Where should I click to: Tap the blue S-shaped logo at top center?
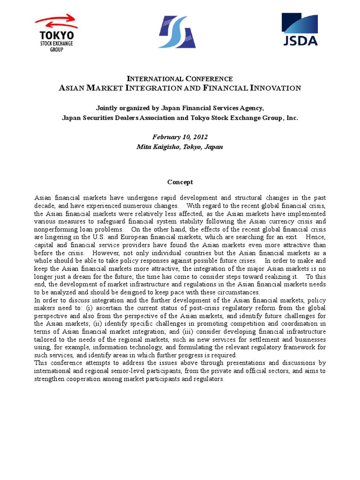(x=177, y=31)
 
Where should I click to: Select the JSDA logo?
(x=300, y=29)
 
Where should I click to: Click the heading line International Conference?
(x=180, y=79)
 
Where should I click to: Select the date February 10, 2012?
(x=180, y=137)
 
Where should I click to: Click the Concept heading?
(x=180, y=182)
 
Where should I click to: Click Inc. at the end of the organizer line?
(x=292, y=118)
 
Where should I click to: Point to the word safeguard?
(x=120, y=221)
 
